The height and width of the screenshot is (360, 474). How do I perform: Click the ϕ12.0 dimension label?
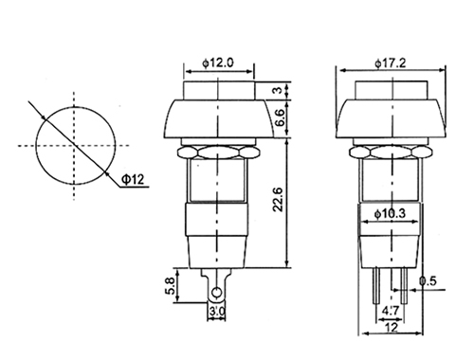point(218,63)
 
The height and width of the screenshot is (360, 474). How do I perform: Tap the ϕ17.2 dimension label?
point(391,63)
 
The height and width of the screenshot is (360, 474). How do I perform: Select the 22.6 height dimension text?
point(278,200)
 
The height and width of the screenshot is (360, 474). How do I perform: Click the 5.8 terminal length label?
point(170,286)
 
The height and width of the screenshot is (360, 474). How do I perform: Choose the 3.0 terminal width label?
point(217,312)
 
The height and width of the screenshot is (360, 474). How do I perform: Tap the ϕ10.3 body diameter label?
point(390,214)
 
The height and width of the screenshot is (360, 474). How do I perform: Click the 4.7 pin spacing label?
point(391,312)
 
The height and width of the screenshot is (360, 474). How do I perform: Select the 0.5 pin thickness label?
point(428,280)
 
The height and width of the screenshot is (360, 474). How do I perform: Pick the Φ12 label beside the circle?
point(133,180)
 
